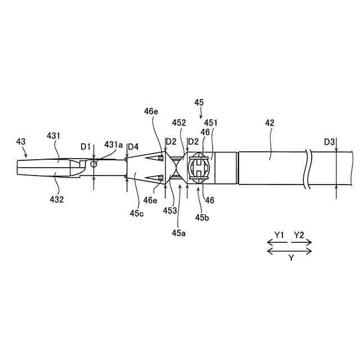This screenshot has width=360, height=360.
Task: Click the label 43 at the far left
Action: (21, 142)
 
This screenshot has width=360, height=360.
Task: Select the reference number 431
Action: (54, 136)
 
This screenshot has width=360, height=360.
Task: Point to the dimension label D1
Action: (85, 147)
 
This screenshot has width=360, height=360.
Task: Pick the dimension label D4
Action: (133, 147)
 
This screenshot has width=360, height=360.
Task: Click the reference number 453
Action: (170, 210)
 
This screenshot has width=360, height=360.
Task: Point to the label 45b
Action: (201, 218)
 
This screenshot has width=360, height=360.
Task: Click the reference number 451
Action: (211, 123)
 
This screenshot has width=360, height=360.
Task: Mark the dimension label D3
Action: (330, 141)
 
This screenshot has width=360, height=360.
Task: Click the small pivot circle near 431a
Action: (94, 164)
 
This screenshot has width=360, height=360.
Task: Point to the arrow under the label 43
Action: (25, 152)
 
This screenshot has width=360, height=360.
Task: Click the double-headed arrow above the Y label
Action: (289, 250)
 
